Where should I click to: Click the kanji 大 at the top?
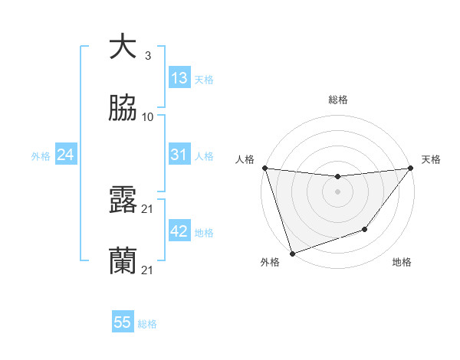tap(123, 47)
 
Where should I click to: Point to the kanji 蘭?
tap(123, 261)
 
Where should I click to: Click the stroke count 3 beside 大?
tap(147, 56)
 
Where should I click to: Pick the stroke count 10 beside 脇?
tap(148, 117)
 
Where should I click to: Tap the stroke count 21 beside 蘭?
tap(148, 270)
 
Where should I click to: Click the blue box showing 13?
tap(179, 78)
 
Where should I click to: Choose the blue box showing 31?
tap(179, 155)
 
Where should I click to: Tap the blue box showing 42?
tap(179, 231)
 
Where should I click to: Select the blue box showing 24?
tap(66, 155)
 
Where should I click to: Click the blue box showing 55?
tap(123, 322)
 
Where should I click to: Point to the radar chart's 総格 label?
tap(338, 100)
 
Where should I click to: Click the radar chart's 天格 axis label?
tap(432, 159)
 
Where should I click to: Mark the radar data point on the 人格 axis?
tap(264, 168)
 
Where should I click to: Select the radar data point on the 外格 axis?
tap(292, 253)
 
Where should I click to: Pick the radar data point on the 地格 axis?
tap(365, 229)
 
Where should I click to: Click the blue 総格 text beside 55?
tap(147, 324)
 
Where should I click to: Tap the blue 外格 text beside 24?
tap(41, 156)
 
